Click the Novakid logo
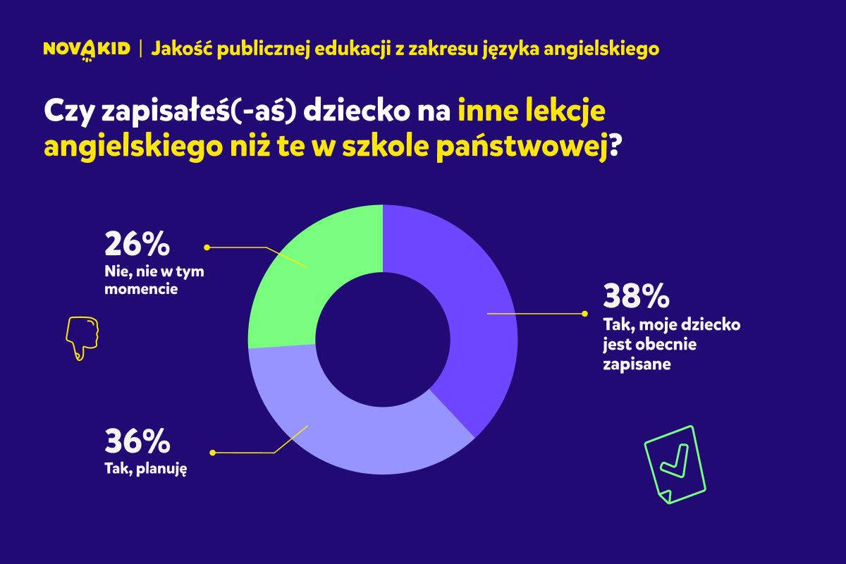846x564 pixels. (87, 49)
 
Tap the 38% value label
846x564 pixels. (635, 296)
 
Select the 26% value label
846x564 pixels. (137, 244)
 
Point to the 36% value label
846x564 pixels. (137, 441)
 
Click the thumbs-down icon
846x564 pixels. (82, 338)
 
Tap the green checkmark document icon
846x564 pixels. (675, 463)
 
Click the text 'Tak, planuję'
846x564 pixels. (145, 468)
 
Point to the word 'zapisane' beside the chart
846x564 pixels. (636, 364)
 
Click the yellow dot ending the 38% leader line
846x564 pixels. (584, 314)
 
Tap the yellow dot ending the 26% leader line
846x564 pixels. (207, 247)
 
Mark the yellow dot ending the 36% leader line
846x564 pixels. (213, 452)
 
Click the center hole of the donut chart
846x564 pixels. (383, 339)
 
